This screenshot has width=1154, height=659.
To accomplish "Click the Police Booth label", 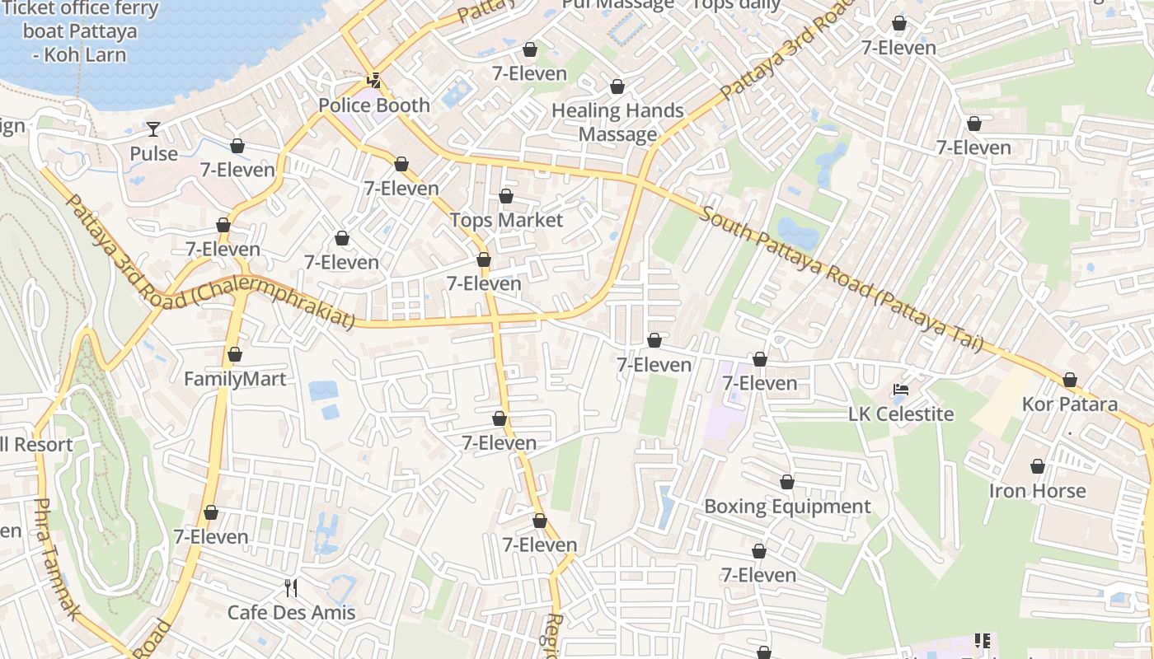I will coord(374,105).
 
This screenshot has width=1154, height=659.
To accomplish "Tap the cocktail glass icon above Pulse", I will coord(153,129).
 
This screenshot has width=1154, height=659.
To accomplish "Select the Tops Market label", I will coord(506,220).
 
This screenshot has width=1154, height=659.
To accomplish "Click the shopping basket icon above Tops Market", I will coord(506,196).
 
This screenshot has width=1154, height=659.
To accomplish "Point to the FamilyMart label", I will coord(235,379).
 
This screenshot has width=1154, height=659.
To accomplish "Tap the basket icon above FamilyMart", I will coord(235,354).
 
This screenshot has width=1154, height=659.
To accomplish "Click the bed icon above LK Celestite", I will coord(901,390).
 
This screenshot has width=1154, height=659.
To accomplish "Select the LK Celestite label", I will coord(901,414).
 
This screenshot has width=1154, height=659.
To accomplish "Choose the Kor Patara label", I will coord(1069,404).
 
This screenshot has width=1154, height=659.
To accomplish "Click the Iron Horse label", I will coord(1038,491).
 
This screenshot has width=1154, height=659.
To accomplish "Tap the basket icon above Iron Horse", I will coord(1038,467).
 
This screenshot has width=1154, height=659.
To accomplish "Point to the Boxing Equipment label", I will coord(787,506).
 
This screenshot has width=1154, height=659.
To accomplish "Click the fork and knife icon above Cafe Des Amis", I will coord(290,588).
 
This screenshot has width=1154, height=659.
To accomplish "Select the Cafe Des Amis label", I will coord(291,612).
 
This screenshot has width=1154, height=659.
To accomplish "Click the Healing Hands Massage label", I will coord(617,122).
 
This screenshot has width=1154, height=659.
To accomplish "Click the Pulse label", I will coord(153,154).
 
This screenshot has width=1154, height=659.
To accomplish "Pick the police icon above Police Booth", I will coord(374,81).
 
